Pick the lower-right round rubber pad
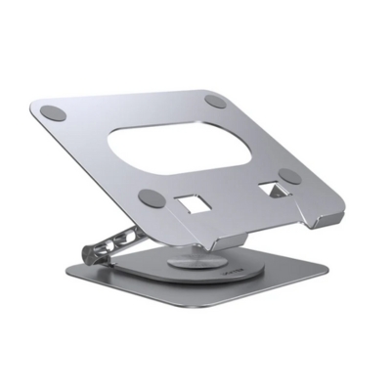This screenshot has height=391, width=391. pos(289,176)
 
